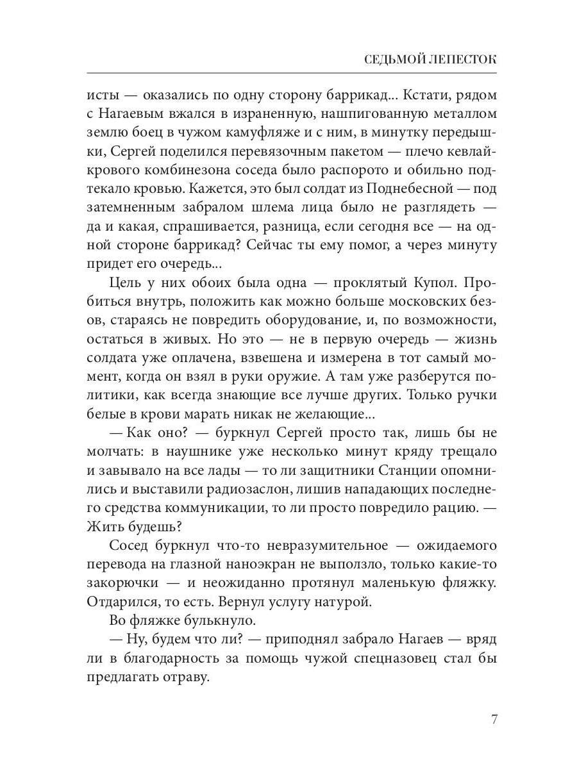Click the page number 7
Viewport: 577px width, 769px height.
[x=494, y=718]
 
